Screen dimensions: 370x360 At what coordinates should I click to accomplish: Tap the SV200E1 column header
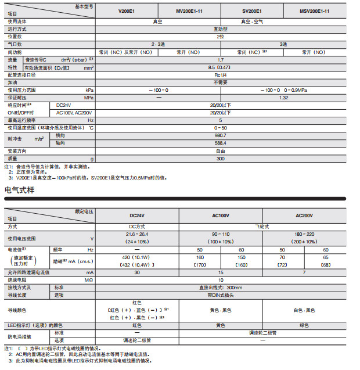click(x=251, y=11)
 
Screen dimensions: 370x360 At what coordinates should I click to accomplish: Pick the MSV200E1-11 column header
click(x=315, y=11)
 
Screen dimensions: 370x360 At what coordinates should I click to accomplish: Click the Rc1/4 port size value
click(x=220, y=75)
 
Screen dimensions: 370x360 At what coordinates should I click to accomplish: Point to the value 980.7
click(x=220, y=135)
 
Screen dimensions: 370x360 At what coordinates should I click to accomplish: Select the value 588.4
click(x=220, y=142)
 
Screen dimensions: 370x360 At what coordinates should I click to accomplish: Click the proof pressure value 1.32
click(x=283, y=98)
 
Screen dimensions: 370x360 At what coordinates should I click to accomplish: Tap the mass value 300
click(x=220, y=159)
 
